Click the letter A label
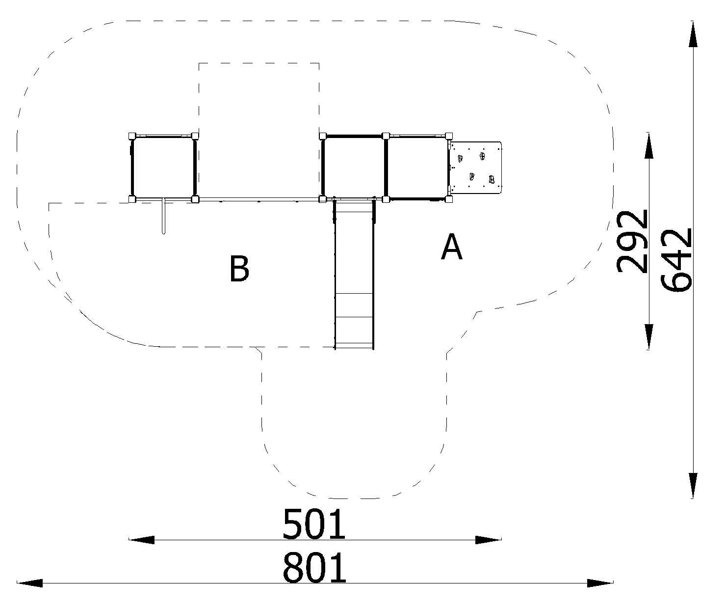click(x=452, y=247)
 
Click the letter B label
click(x=239, y=268)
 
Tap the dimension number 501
click(x=314, y=524)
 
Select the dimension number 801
click(x=314, y=568)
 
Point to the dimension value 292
click(x=632, y=242)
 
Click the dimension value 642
click(x=675, y=260)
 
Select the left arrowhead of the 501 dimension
click(x=141, y=540)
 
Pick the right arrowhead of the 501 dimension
click(x=488, y=540)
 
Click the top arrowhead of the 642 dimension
click(x=693, y=34)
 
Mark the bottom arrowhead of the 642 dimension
click(x=693, y=486)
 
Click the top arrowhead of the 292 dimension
click(x=648, y=145)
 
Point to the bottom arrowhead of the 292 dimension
click(x=648, y=336)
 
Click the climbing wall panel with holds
click(x=476, y=167)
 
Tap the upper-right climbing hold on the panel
click(x=482, y=156)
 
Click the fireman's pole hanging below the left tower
click(x=163, y=216)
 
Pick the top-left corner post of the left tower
click(x=132, y=136)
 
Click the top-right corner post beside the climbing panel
click(x=449, y=136)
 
